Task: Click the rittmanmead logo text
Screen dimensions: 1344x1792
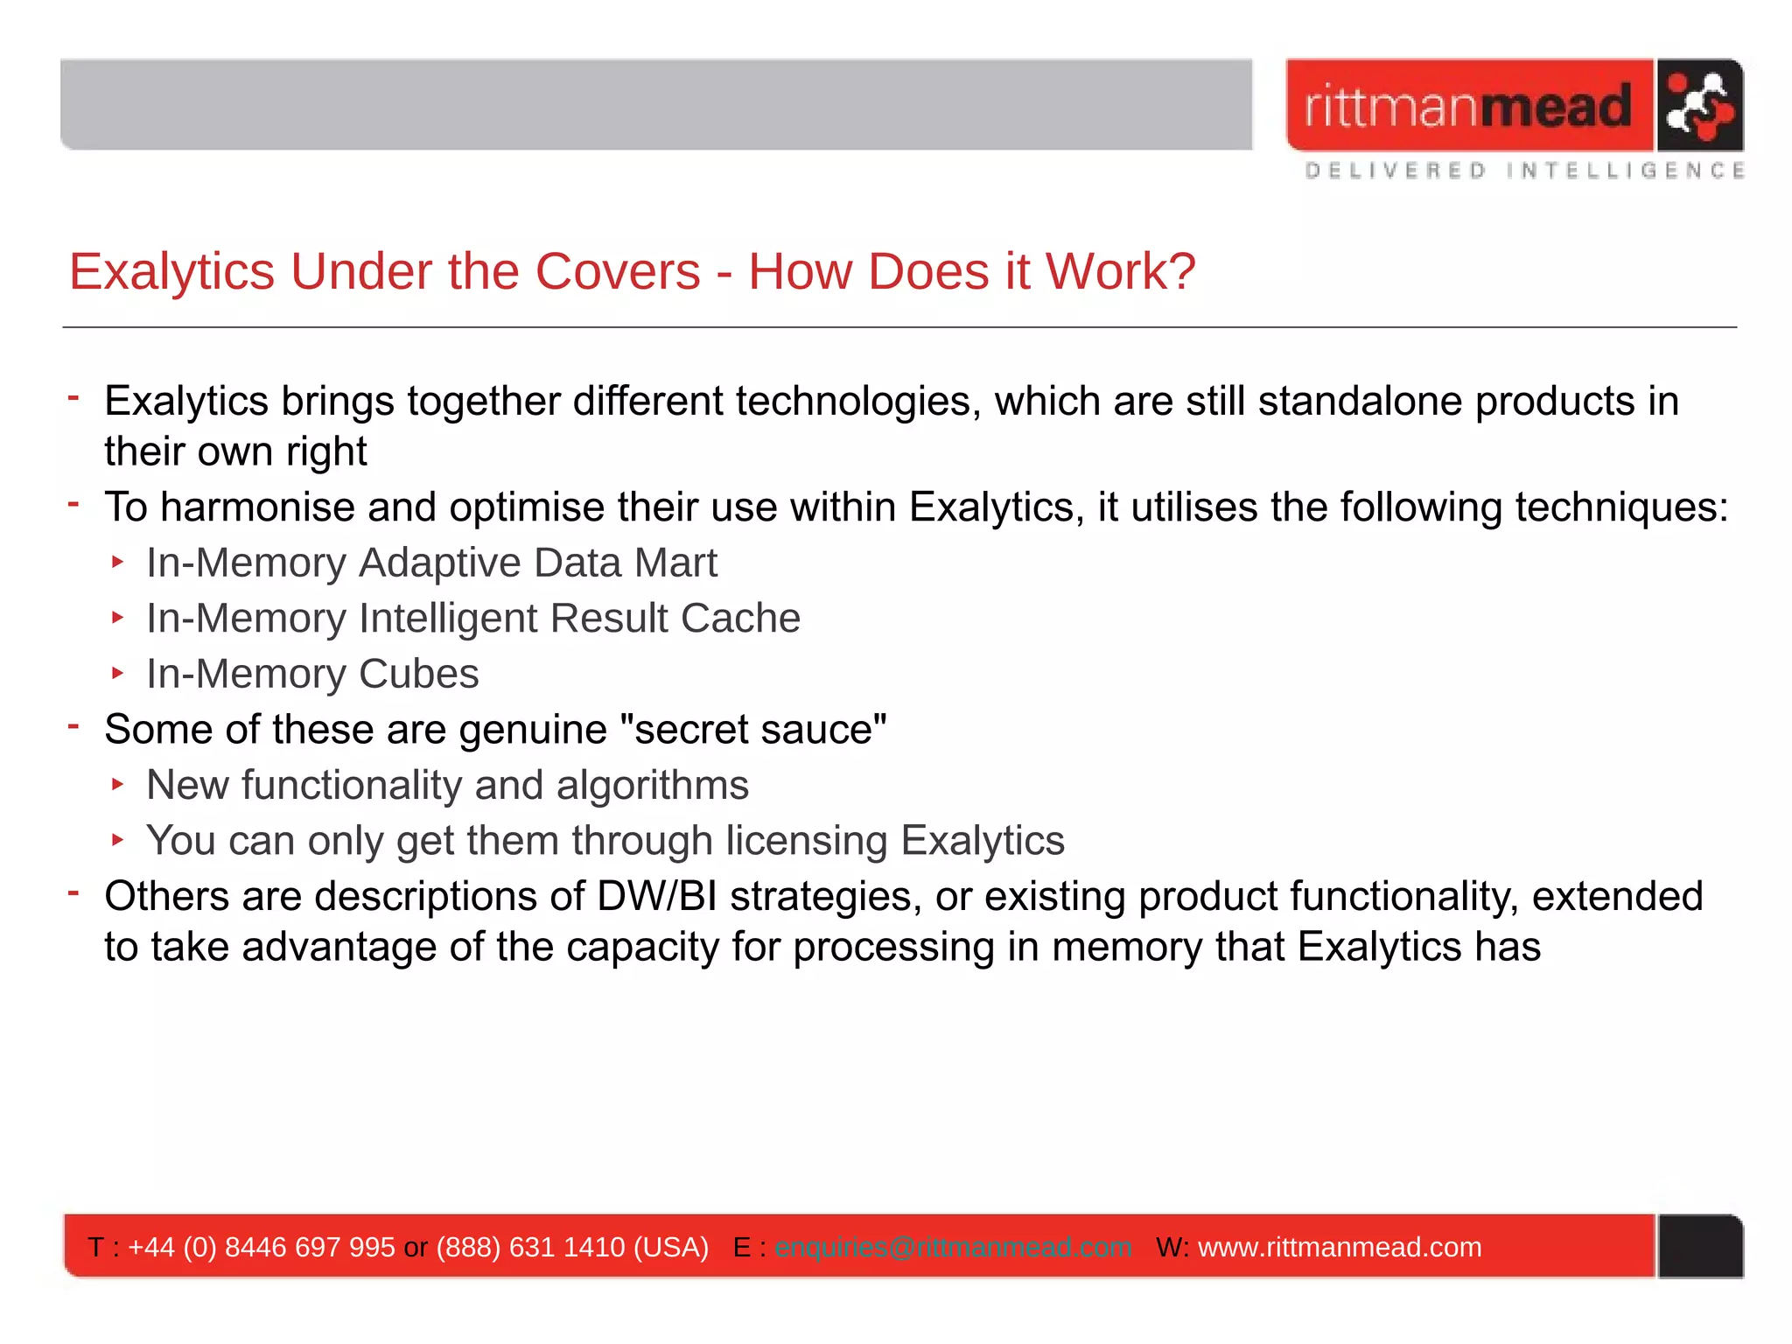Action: (x=1468, y=106)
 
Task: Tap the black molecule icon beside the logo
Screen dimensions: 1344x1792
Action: (x=1698, y=106)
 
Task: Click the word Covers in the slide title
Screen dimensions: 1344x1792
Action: (x=618, y=271)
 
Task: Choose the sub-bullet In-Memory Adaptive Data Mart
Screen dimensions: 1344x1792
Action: (x=431, y=563)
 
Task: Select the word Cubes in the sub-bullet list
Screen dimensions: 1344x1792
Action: (x=419, y=675)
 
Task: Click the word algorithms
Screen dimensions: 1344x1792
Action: (x=653, y=785)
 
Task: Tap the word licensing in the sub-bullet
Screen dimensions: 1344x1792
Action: (x=807, y=841)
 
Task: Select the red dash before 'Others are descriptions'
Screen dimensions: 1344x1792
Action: (x=74, y=892)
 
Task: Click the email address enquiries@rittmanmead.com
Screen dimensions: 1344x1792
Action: (x=953, y=1247)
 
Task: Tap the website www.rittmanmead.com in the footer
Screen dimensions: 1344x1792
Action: (x=1340, y=1247)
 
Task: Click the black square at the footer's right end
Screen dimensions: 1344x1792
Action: (x=1700, y=1246)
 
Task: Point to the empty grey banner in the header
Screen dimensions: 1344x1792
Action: (x=656, y=105)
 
